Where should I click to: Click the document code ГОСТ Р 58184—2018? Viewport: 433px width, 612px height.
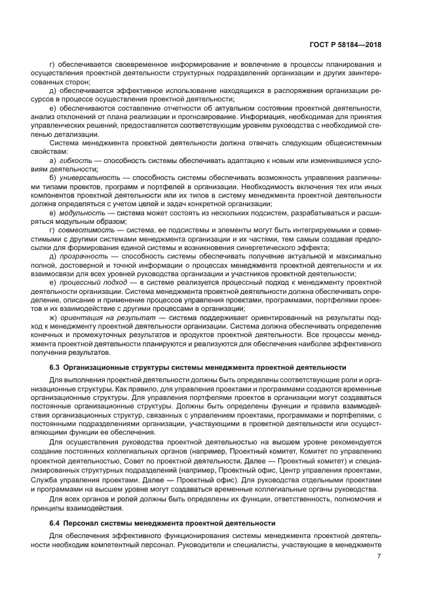(x=346, y=45)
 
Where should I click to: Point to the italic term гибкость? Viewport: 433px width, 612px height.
(x=74, y=179)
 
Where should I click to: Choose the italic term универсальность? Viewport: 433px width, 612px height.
(x=89, y=196)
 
